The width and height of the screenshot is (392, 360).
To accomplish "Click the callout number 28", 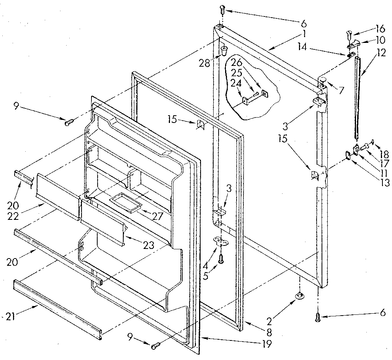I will [x=204, y=63].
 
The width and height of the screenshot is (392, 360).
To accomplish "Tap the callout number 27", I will [x=157, y=216].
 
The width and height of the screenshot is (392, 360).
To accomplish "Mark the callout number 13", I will [x=385, y=183].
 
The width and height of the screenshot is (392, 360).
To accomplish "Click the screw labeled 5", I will [x=221, y=259].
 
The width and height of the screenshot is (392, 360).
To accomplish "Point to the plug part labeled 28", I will [x=224, y=50].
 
